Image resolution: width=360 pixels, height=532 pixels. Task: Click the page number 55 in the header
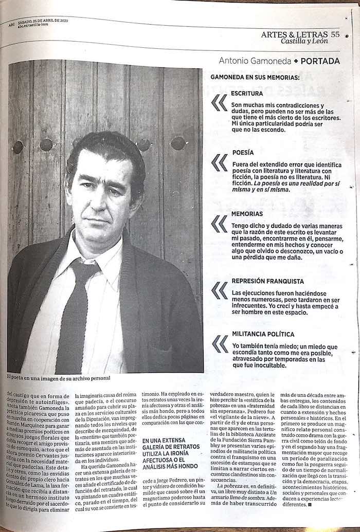(336, 34)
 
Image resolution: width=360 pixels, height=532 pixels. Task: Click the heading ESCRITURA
(247, 94)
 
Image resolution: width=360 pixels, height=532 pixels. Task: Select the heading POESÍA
(243, 153)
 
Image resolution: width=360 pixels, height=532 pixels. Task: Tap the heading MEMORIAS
(247, 213)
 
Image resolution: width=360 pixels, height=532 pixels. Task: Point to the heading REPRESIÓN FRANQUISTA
(267, 281)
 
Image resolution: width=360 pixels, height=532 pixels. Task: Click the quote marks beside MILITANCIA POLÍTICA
(220, 343)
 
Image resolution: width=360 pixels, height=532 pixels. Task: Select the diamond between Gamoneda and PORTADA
(296, 61)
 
